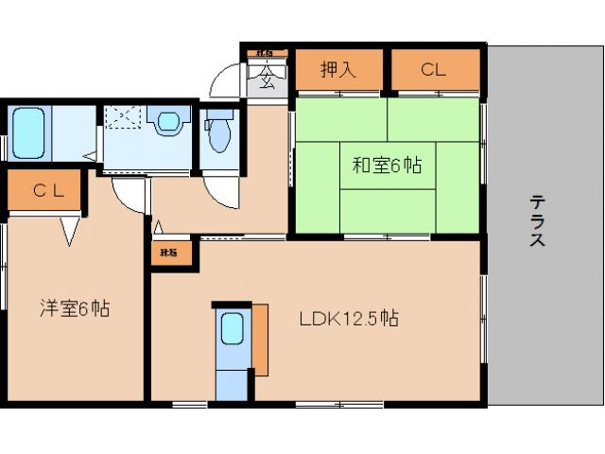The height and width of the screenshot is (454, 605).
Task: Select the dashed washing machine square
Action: [121, 117]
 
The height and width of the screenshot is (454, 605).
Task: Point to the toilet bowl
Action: [219, 135]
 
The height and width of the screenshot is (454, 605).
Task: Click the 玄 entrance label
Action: [268, 79]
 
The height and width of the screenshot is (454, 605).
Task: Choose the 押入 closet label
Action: [338, 68]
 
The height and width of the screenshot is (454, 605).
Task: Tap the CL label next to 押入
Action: [433, 68]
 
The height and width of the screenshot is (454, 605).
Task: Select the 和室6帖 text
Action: [387, 166]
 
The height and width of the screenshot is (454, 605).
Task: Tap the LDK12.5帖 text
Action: [348, 319]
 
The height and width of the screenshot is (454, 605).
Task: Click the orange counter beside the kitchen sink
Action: [260, 338]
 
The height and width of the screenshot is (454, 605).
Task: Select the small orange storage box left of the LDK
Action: [172, 253]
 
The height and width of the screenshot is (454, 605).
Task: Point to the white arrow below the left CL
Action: [71, 230]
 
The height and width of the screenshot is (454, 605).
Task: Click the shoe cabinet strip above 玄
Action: [268, 53]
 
